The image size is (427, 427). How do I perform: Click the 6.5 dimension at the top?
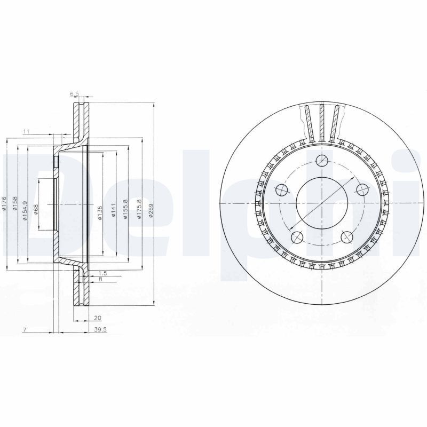click(x=74, y=94)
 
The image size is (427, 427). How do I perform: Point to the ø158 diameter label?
click(x=15, y=204)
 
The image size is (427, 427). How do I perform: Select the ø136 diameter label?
click(x=100, y=212)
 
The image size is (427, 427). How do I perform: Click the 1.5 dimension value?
click(x=102, y=273)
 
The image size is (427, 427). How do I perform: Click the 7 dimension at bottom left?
click(x=25, y=330)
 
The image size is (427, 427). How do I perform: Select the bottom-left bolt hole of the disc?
click(x=298, y=236)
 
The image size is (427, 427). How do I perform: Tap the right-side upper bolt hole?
click(x=362, y=189)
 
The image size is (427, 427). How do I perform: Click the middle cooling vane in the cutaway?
click(x=322, y=122)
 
